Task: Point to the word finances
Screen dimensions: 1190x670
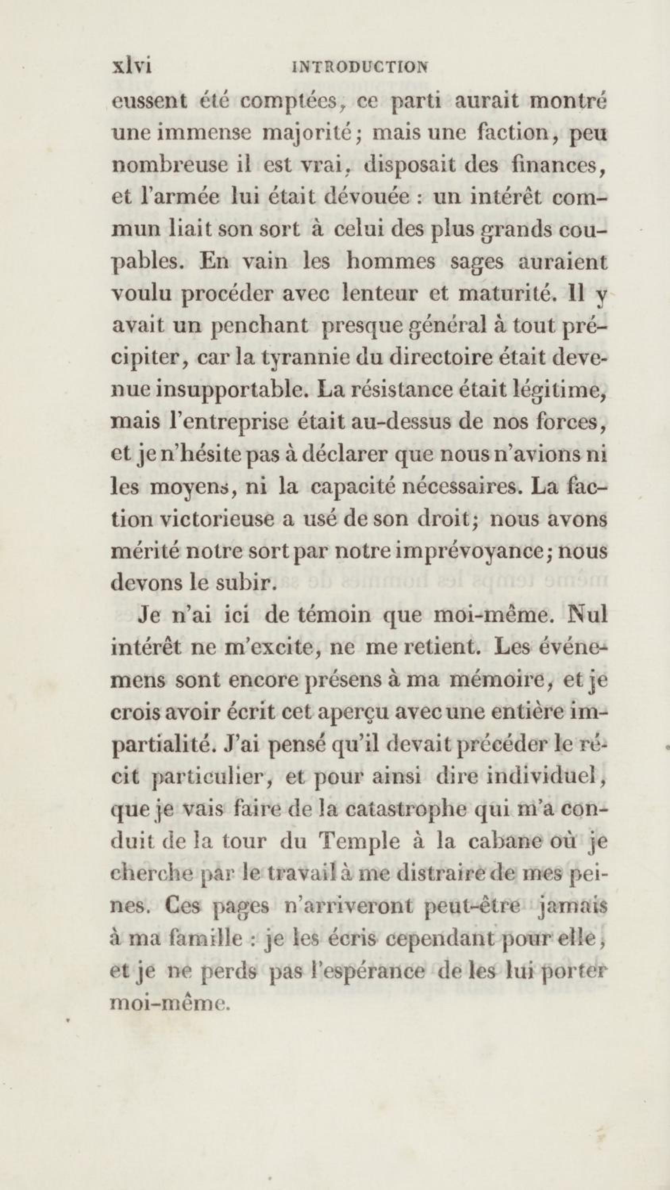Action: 553,165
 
